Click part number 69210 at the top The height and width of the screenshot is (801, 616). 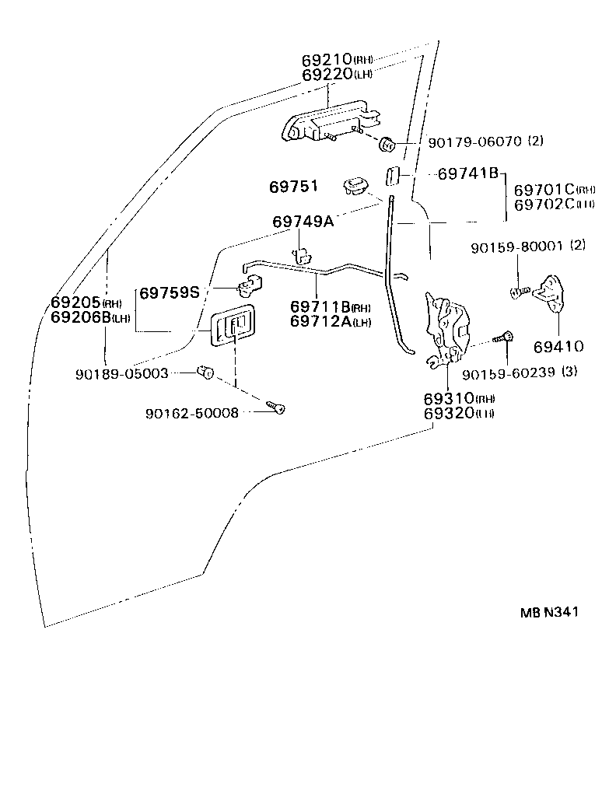(x=327, y=60)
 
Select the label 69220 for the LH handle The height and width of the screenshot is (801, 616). (x=327, y=75)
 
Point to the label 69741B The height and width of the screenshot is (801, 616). (x=467, y=174)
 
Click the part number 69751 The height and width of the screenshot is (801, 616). (x=293, y=187)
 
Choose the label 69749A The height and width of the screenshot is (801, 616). (x=303, y=222)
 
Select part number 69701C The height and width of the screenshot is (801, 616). (x=544, y=189)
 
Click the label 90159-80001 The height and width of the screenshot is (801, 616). (x=517, y=247)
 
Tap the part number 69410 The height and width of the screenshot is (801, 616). (x=558, y=345)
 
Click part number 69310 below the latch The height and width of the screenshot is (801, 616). (x=449, y=398)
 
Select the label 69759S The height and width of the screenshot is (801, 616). (x=169, y=293)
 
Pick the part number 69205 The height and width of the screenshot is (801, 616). (x=76, y=303)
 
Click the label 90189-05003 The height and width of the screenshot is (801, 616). (x=122, y=373)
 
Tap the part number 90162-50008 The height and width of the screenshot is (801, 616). (x=192, y=412)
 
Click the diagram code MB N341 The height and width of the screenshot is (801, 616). (x=549, y=611)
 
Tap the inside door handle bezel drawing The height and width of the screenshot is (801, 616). (x=232, y=325)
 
